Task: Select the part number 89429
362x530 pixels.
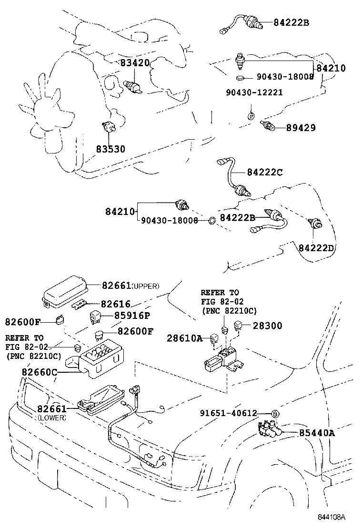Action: [301, 128]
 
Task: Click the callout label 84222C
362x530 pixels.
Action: [264, 173]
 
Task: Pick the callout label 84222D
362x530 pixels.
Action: [317, 248]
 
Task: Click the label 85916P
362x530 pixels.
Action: [131, 316]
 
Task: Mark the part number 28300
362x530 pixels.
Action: [267, 326]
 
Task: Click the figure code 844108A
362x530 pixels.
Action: [332, 517]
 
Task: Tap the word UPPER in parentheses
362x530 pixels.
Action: [145, 286]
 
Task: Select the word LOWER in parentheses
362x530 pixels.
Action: [51, 418]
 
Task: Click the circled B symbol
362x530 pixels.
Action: [275, 414]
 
